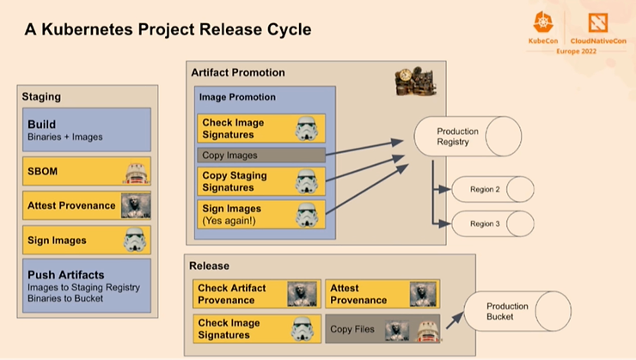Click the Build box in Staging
[87, 130]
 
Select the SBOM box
[87, 171]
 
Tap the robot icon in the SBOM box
[137, 173]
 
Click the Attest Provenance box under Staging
[87, 205]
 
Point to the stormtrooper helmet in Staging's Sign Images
[135, 240]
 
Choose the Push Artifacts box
[87, 286]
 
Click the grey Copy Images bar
[261, 156]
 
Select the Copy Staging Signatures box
[261, 181]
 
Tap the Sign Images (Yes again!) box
[261, 215]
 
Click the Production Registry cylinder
[468, 137]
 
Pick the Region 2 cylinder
[492, 189]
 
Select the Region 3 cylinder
[492, 223]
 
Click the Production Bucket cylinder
[517, 311]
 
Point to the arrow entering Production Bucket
[455, 320]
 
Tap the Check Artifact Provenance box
[257, 294]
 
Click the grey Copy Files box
[382, 329]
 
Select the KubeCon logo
[543, 27]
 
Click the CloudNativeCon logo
[598, 28]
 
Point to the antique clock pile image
[416, 82]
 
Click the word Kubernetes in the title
[87, 29]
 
